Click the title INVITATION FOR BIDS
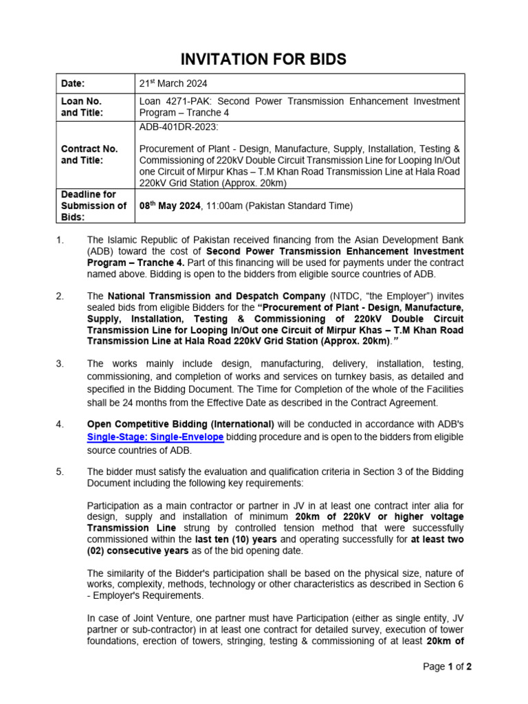(x=263, y=60)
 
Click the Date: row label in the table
(x=73, y=83)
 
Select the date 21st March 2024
(x=173, y=83)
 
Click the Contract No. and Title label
(x=89, y=154)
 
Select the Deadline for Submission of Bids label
(x=93, y=206)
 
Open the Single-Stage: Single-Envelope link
(x=155, y=437)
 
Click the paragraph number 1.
(x=60, y=239)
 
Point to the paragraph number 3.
(x=60, y=362)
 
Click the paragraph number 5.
(x=60, y=472)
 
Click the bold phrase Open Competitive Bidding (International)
(x=181, y=424)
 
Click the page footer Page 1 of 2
(x=447, y=666)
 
